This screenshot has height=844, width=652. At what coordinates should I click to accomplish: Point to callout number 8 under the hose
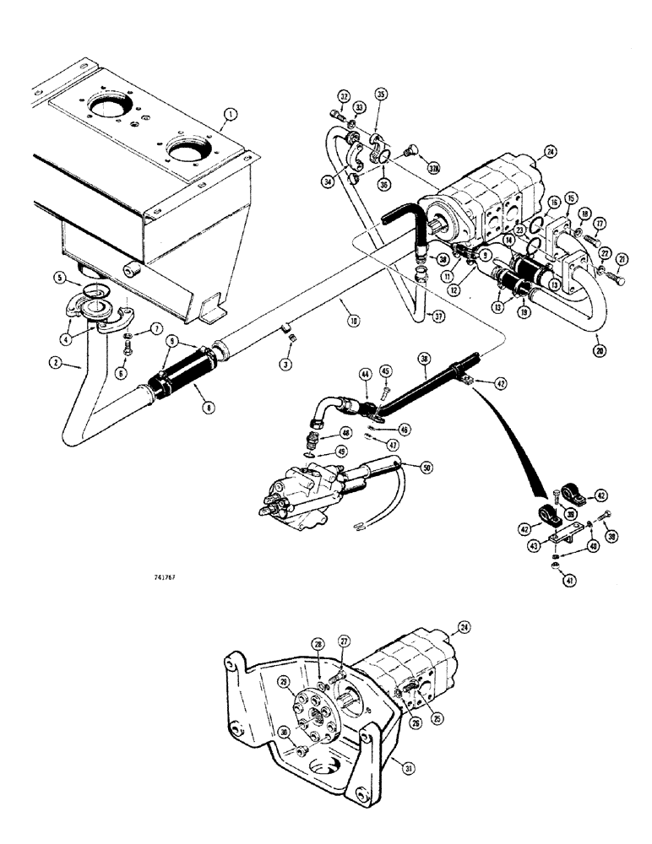[197, 407]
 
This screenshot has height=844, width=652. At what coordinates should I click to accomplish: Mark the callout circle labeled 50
[426, 466]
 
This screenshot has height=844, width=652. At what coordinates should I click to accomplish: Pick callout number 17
[600, 225]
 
